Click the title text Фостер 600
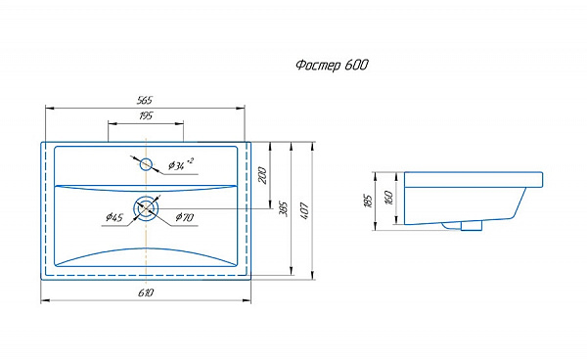point(332,66)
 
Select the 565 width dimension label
point(145,101)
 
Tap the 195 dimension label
point(146,116)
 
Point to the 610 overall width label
point(146,292)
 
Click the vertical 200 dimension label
point(263,175)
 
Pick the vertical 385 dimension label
point(284,209)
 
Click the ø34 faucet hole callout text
point(181,164)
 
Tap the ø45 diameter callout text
point(114,216)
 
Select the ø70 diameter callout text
point(185,216)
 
